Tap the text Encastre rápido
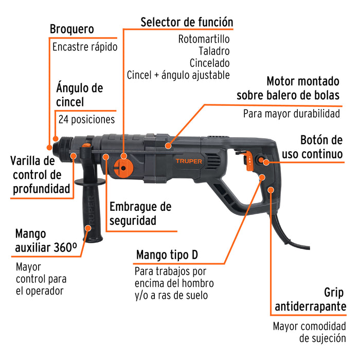(85, 47)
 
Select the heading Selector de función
(187, 22)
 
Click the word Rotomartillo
(204, 39)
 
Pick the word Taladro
(213, 51)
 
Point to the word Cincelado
(209, 63)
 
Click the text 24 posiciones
(86, 119)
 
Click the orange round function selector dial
(123, 166)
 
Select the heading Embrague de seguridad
(140, 214)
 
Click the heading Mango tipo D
(167, 255)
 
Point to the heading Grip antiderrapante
(310, 300)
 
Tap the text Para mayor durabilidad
(292, 114)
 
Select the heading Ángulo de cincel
(79, 95)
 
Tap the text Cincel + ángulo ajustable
(178, 75)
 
